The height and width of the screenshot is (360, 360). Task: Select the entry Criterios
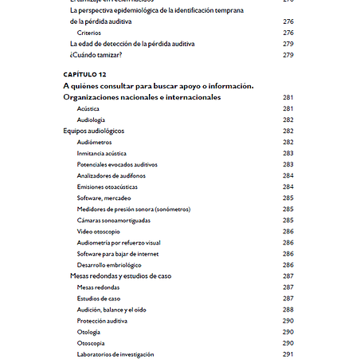[x=89, y=33]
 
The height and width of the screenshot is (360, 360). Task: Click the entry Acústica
[x=88, y=108]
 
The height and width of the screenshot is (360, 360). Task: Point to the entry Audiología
[x=92, y=119]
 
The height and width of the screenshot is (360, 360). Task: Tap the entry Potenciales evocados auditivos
[x=117, y=164]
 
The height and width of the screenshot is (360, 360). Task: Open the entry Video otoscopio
[x=99, y=231]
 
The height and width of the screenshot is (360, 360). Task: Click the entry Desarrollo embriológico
[x=109, y=264]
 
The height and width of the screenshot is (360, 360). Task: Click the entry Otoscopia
[x=91, y=342]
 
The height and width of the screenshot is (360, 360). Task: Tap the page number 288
[x=288, y=309]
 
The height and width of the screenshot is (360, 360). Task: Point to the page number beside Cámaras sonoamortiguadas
[x=288, y=220]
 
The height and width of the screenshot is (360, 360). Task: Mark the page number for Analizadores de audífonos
[x=288, y=175]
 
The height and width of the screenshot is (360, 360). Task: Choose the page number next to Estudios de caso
[x=288, y=298]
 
